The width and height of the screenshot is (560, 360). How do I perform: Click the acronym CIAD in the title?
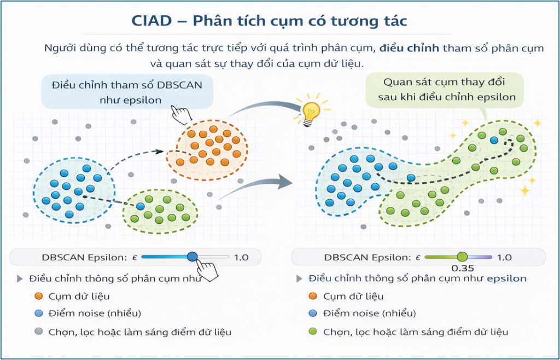click(152, 21)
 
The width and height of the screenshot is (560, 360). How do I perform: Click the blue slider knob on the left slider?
click(192, 257)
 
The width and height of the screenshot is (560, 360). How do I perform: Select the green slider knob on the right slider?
click(462, 257)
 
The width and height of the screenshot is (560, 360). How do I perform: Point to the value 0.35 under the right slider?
click(463, 268)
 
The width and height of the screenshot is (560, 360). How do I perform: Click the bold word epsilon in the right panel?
click(506, 278)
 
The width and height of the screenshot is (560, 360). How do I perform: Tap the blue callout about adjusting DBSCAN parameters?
click(127, 92)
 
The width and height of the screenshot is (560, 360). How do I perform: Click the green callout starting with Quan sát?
click(444, 90)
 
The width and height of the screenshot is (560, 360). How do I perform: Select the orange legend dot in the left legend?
click(39, 296)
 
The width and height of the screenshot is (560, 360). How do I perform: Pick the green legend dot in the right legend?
click(313, 332)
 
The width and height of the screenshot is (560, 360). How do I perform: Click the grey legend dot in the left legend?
click(39, 332)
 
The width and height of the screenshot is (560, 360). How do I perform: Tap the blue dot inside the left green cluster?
click(141, 206)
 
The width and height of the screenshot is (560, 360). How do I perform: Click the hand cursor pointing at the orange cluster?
click(182, 114)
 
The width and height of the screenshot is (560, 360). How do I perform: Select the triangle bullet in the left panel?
click(20, 278)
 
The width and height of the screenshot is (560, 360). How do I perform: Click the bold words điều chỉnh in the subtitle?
click(409, 48)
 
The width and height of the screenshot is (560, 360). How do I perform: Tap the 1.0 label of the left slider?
click(241, 257)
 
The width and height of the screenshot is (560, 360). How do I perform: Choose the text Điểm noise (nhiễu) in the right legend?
click(369, 313)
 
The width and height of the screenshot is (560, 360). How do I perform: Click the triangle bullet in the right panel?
click(299, 278)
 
